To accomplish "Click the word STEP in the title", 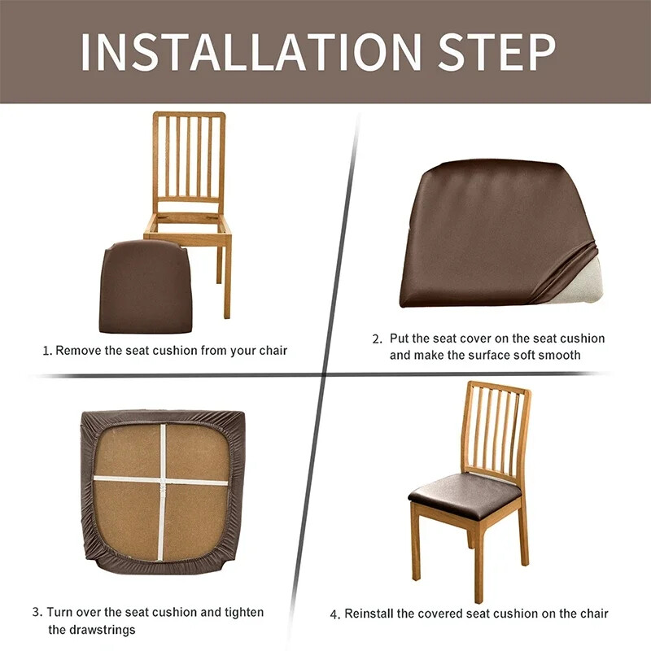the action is click(x=497, y=52).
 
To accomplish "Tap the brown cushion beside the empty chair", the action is click(x=146, y=286).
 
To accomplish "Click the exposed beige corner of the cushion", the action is click(x=580, y=282).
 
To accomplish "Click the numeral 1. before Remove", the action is click(x=47, y=352).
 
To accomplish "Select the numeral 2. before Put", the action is click(x=377, y=339).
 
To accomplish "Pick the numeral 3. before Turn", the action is click(x=37, y=613).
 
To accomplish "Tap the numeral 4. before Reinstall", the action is click(x=335, y=614).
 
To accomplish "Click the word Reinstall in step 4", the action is click(x=369, y=614).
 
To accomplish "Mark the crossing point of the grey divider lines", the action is click(x=324, y=375).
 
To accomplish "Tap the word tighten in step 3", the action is click(x=244, y=613).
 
